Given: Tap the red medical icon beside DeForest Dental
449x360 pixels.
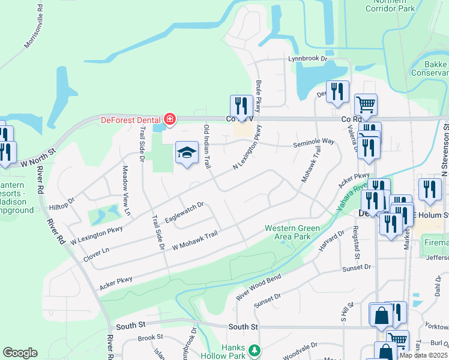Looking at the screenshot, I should (x=169, y=119).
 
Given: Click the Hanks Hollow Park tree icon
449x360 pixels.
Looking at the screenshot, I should (x=255, y=350).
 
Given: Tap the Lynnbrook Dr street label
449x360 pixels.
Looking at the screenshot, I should (x=307, y=59).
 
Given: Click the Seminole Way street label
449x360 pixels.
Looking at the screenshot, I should (x=313, y=142).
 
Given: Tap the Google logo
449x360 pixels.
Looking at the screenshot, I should (x=20, y=353).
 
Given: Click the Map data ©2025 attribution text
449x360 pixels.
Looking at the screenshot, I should (x=423, y=355).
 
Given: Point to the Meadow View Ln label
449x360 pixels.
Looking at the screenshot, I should (x=126, y=182).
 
